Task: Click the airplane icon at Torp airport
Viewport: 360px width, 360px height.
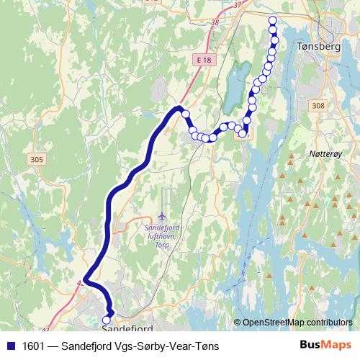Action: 163,216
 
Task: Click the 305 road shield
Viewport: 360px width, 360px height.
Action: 38,159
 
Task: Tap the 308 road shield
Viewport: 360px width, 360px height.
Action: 318,105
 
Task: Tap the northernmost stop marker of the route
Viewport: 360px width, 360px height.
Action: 272,20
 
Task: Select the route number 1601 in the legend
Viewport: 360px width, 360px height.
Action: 32,346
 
